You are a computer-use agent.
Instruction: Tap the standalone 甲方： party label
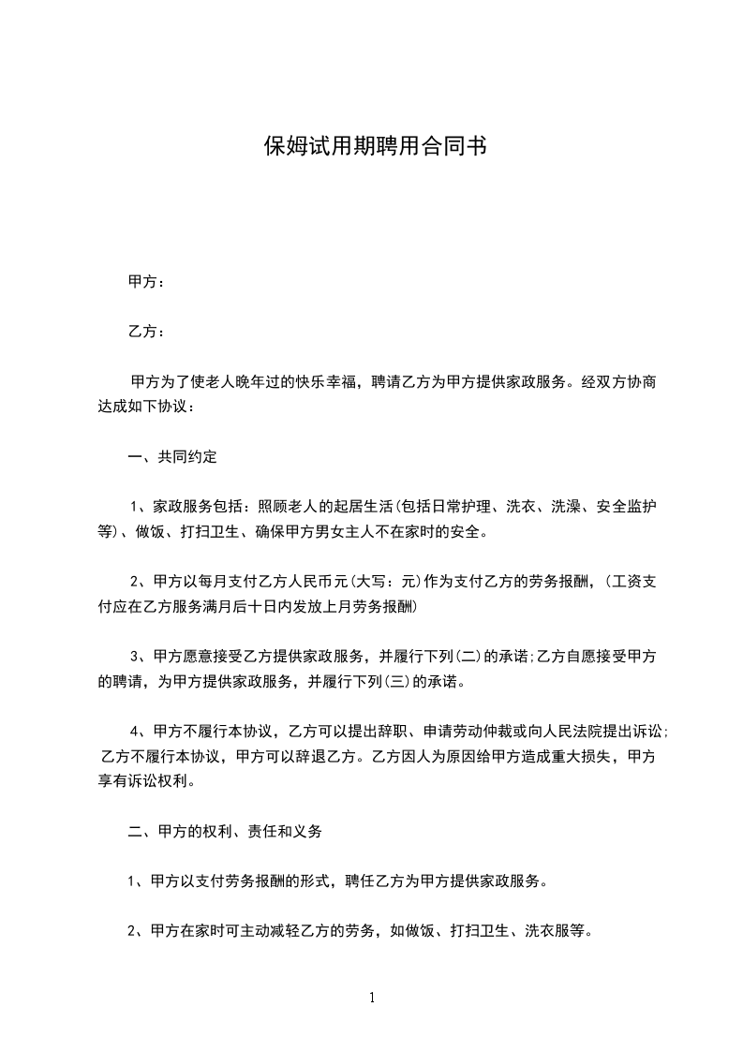[146, 281]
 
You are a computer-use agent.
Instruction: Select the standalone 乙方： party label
[146, 332]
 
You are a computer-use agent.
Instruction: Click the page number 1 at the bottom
[372, 998]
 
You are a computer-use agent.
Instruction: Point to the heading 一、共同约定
[172, 458]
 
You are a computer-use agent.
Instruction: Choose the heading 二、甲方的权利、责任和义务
[225, 831]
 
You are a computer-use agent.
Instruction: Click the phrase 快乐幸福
[332, 382]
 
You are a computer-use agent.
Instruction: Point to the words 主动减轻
[252, 931]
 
